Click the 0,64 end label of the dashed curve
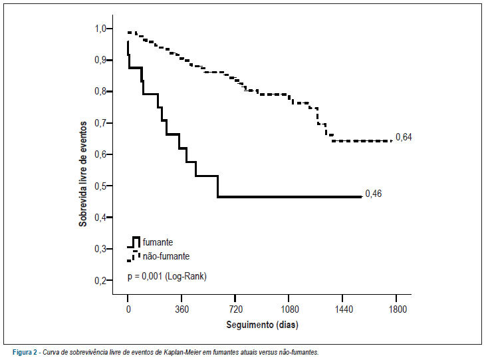404,137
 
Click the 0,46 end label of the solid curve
374,194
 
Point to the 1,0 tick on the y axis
100,29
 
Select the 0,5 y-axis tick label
100,186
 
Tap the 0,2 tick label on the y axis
100,281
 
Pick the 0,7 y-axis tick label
100,123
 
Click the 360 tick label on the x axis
182,309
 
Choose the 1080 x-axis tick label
289,309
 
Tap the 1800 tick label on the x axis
398,309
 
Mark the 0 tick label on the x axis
128,309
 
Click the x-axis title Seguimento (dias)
262,325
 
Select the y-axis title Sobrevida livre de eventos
82,174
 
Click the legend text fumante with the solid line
158,242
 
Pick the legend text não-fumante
166,256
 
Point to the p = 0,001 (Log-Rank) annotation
167,276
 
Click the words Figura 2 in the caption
25,352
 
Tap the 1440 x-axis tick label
344,309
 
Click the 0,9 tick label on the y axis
100,60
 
